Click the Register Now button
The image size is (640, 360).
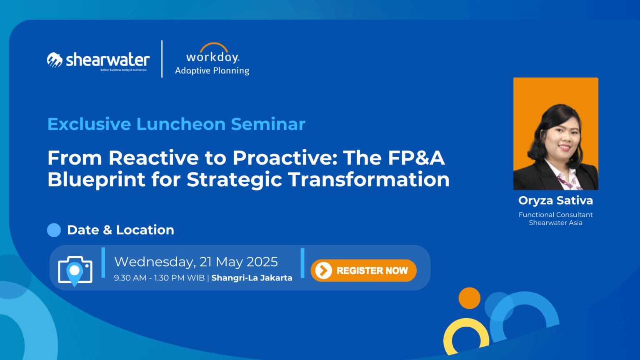[363, 270]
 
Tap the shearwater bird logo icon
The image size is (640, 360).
[55, 60]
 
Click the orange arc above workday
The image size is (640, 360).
[214, 47]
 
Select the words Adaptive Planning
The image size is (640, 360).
[212, 70]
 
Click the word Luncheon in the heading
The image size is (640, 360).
[181, 124]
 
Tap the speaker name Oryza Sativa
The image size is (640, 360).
[555, 200]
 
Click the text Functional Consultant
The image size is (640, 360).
[555, 215]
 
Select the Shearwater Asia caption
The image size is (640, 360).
[555, 222]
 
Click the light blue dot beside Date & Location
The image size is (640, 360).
[54, 230]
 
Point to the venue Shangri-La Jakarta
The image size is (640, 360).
[252, 278]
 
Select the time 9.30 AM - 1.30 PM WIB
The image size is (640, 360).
[159, 278]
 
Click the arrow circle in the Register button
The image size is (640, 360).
[323, 270]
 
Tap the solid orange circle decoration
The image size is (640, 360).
[470, 298]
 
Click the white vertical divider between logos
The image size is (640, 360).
[162, 59]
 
